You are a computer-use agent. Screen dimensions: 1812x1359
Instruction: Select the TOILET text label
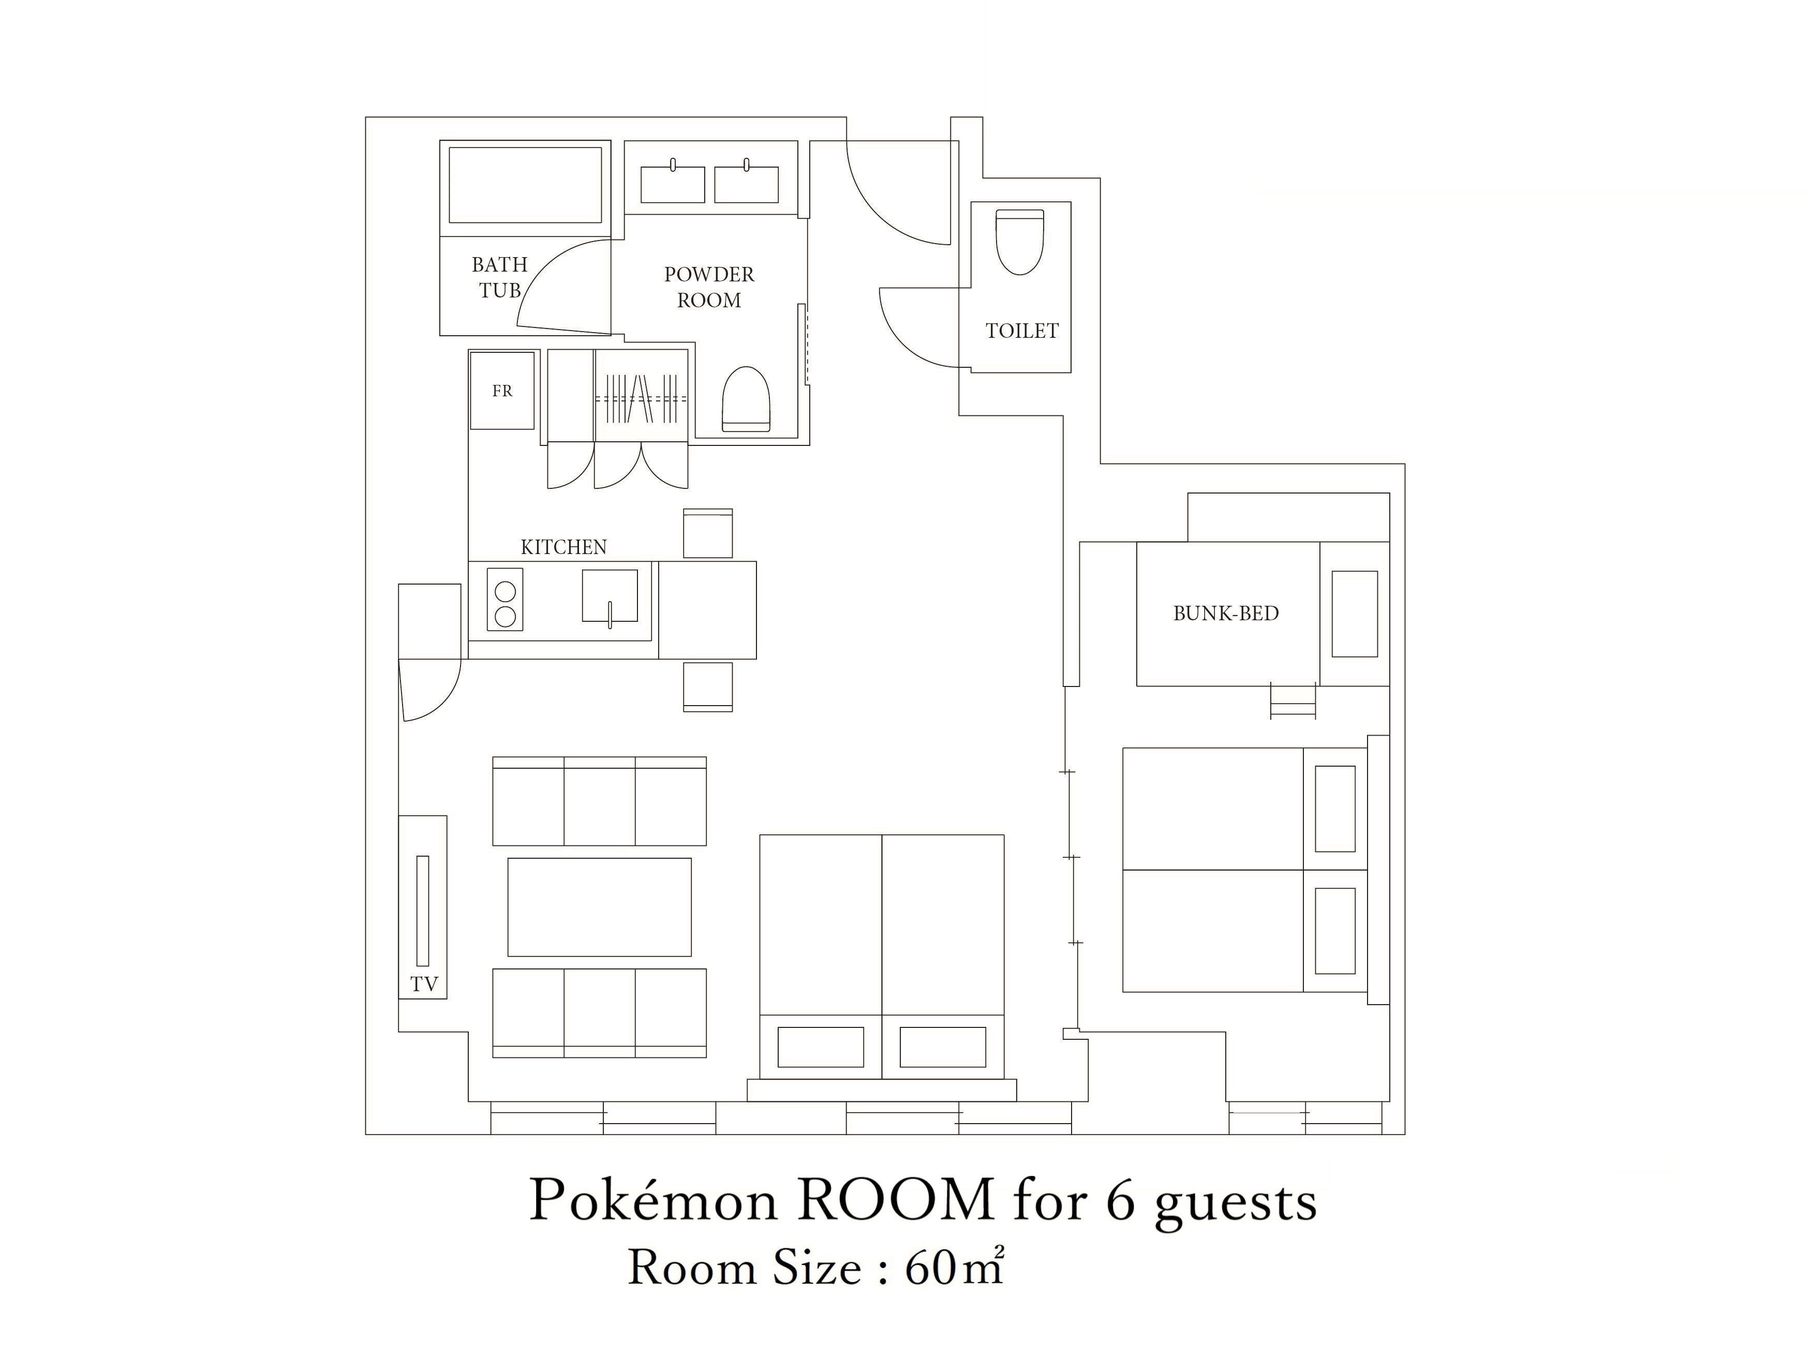pyautogui.click(x=1021, y=331)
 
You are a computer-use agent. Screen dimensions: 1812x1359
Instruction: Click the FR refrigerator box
pyautogui.click(x=502, y=391)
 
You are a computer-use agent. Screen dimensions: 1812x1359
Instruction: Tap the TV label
pyautogui.click(x=424, y=984)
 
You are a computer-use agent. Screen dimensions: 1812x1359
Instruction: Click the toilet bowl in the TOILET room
pyautogui.click(x=1020, y=242)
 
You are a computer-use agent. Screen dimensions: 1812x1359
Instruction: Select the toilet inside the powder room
pyautogui.click(x=746, y=399)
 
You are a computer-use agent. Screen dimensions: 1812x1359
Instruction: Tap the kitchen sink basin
pyautogui.click(x=610, y=595)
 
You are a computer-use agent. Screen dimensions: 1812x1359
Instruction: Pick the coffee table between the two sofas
pyautogui.click(x=600, y=907)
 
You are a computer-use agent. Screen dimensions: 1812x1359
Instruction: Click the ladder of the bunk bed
pyautogui.click(x=1293, y=700)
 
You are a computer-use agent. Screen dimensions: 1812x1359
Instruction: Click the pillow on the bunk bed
pyautogui.click(x=1354, y=614)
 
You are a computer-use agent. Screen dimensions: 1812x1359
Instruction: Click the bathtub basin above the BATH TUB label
pyautogui.click(x=525, y=185)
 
